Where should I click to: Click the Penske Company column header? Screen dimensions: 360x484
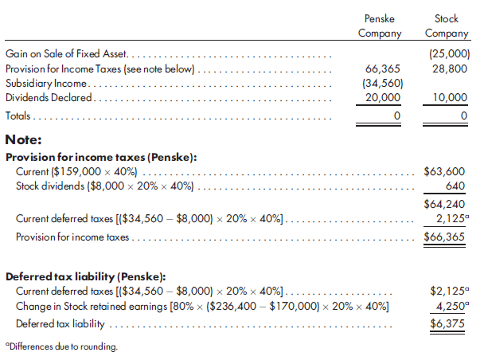379,25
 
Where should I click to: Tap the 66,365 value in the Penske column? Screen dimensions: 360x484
381,69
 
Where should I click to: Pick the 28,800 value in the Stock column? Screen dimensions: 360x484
450,69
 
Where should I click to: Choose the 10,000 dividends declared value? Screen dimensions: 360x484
450,97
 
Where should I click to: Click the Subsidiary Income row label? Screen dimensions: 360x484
48,84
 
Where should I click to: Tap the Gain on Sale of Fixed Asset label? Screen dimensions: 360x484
68,55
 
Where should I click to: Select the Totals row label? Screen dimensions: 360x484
21,116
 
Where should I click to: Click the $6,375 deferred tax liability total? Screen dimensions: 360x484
445,324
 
